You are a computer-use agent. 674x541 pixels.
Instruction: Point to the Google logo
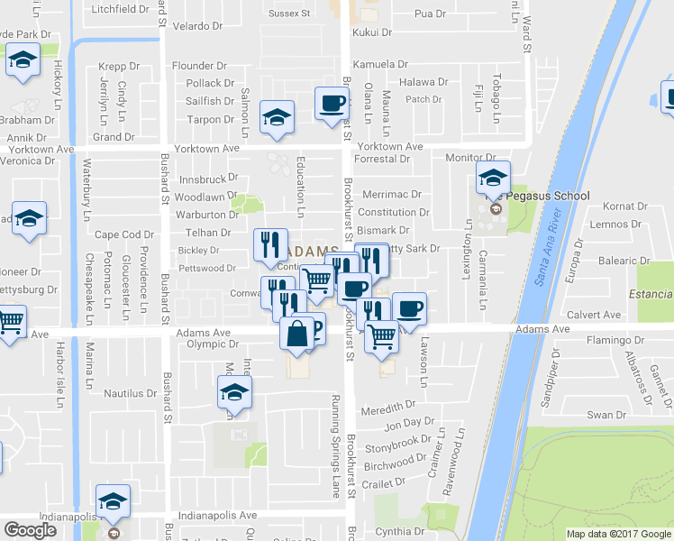tap(30, 530)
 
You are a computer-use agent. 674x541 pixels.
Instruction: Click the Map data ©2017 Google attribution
tap(618, 534)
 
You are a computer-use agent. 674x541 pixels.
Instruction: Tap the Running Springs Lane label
tap(335, 434)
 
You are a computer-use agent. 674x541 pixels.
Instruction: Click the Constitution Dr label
tap(394, 213)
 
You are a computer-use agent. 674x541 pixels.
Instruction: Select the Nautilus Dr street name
tap(131, 394)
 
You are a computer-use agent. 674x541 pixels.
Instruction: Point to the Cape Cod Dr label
tap(125, 234)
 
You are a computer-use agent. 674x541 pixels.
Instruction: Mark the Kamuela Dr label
tap(380, 65)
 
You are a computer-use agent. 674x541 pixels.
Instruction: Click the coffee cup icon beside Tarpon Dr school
tap(332, 102)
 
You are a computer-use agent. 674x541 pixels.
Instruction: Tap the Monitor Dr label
tap(471, 158)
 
